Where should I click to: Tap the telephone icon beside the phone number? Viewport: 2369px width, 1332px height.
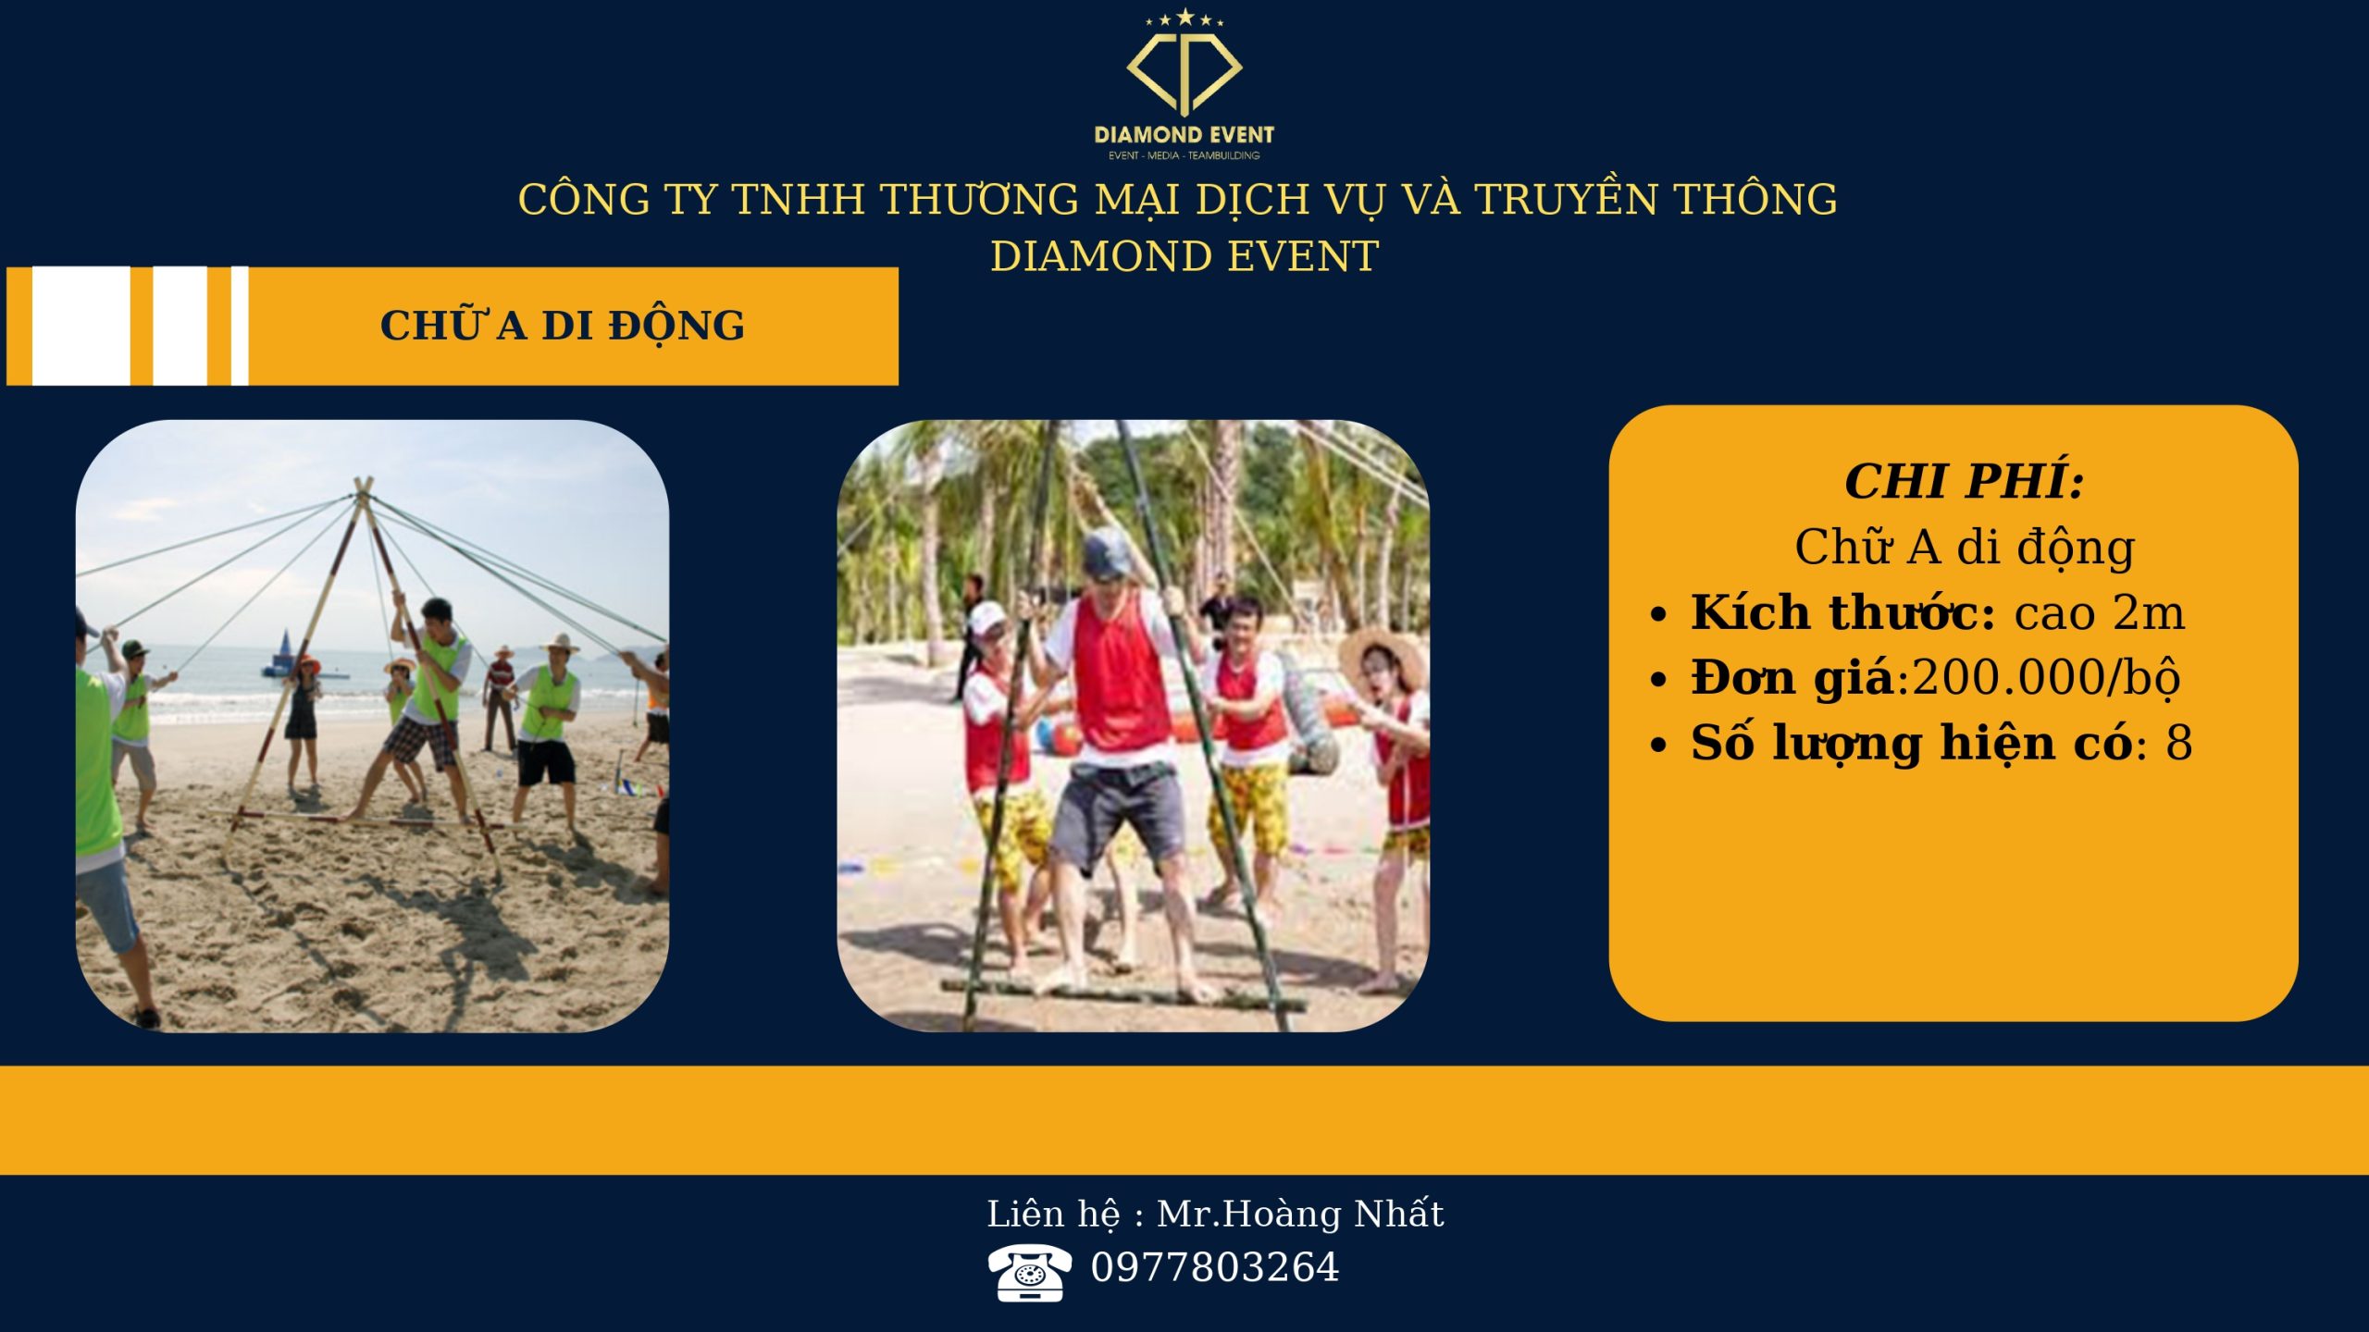click(1029, 1272)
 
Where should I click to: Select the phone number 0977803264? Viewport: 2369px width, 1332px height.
click(1214, 1267)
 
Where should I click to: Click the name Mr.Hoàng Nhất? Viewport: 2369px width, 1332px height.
click(1300, 1214)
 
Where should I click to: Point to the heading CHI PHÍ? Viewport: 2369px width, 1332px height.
click(1964, 480)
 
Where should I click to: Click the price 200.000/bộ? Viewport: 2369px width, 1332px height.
click(2045, 678)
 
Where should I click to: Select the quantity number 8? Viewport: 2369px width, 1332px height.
click(2178, 743)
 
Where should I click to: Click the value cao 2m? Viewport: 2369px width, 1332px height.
click(2099, 612)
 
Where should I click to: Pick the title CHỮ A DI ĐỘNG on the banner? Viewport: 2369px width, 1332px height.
click(563, 324)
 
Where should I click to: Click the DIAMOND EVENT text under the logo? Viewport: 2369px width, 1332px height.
click(1184, 135)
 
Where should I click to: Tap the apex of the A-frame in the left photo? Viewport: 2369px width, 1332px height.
click(363, 485)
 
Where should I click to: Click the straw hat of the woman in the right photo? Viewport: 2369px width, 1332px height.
click(1382, 658)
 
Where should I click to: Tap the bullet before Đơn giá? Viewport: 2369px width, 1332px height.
click(1658, 680)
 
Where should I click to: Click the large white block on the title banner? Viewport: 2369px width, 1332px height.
click(81, 326)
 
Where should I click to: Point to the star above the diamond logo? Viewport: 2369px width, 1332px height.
click(1184, 17)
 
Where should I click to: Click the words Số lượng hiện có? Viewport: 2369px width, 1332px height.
click(1912, 744)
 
